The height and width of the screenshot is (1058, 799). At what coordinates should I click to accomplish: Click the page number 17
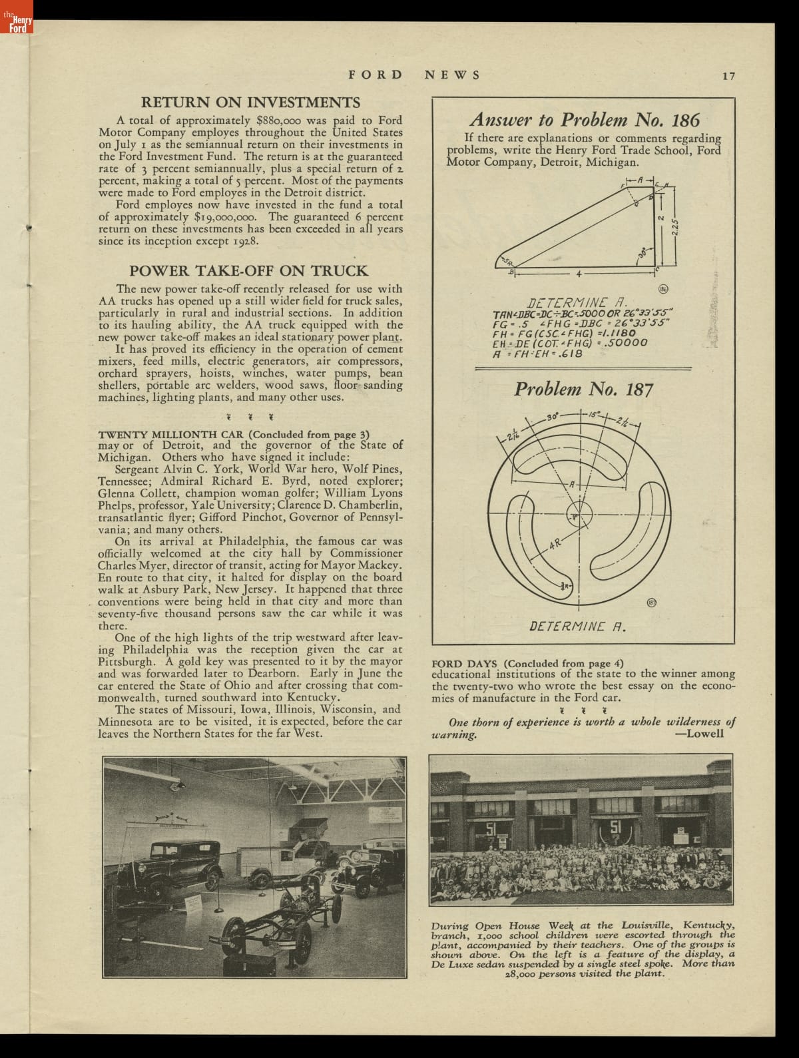click(728, 76)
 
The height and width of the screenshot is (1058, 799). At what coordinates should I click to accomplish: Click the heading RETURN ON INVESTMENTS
click(250, 103)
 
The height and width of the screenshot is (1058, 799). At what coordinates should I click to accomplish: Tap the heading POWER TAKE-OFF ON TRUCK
click(248, 270)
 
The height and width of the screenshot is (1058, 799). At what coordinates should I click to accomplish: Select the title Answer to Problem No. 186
click(584, 120)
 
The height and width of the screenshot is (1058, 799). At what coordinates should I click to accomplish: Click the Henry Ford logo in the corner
click(16, 24)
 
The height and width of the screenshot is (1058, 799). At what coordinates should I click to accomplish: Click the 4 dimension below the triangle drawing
click(578, 274)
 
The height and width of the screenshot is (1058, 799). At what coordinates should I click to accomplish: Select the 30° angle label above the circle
click(551, 417)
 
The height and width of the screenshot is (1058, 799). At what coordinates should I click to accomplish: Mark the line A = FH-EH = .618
click(537, 354)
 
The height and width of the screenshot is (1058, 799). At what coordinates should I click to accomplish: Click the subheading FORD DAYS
click(465, 663)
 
